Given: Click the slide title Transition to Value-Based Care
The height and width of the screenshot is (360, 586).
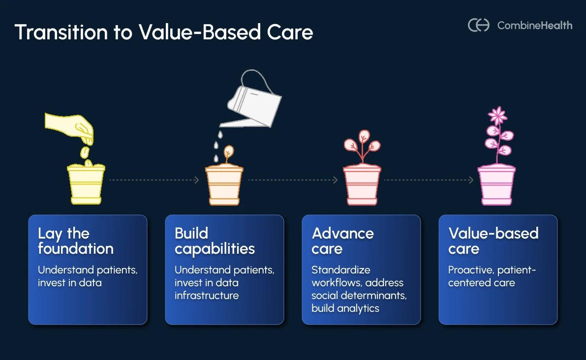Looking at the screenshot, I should [x=164, y=32].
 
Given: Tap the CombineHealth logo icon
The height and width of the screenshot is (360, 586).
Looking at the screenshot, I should [x=478, y=25].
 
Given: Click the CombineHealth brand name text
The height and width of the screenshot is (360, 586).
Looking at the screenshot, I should [x=534, y=25].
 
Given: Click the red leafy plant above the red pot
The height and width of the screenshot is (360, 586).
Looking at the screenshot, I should [x=362, y=145].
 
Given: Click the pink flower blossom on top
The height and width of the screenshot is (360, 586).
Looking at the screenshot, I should [x=497, y=116].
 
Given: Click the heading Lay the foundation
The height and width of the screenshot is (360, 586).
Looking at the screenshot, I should [x=76, y=240].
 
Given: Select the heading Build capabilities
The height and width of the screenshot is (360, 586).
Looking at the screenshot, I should [x=215, y=240].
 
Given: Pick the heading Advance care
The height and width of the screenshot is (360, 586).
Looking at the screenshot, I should [x=343, y=240].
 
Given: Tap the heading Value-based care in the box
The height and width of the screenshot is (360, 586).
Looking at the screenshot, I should [x=493, y=240].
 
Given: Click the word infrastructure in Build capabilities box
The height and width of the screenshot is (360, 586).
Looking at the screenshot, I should [x=207, y=296].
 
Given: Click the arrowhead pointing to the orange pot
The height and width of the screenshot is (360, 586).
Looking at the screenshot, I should [x=196, y=180].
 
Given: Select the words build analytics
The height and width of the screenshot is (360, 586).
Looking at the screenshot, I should [x=345, y=308].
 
